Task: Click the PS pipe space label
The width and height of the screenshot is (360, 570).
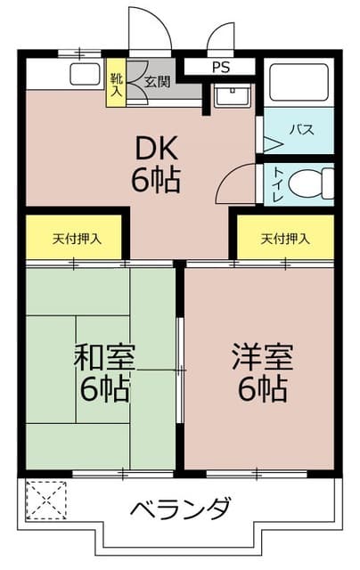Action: [221, 68]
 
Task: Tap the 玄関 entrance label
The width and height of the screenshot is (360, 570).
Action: [158, 81]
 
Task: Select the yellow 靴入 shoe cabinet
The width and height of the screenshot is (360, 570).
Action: [116, 83]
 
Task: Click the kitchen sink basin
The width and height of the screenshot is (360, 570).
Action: [85, 74]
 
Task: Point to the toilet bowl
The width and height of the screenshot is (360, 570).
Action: [312, 183]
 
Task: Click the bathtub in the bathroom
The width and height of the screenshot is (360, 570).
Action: [299, 82]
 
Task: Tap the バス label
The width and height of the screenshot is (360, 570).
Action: [301, 129]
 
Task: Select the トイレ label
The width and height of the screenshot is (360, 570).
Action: [279, 184]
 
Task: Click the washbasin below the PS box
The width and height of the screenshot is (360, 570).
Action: [232, 95]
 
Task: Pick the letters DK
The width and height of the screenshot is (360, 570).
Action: [156, 148]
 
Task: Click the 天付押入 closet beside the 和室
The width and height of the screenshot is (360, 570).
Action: [77, 238]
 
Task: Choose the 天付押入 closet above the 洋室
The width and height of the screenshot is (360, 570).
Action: [285, 238]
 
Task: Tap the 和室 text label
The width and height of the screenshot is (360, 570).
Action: [104, 357]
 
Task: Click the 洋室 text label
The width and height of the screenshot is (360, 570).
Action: [263, 357]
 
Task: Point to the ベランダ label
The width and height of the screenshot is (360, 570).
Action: [180, 509]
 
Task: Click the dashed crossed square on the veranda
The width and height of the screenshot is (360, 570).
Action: [46, 500]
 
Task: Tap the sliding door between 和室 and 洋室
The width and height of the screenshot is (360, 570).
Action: [179, 370]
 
